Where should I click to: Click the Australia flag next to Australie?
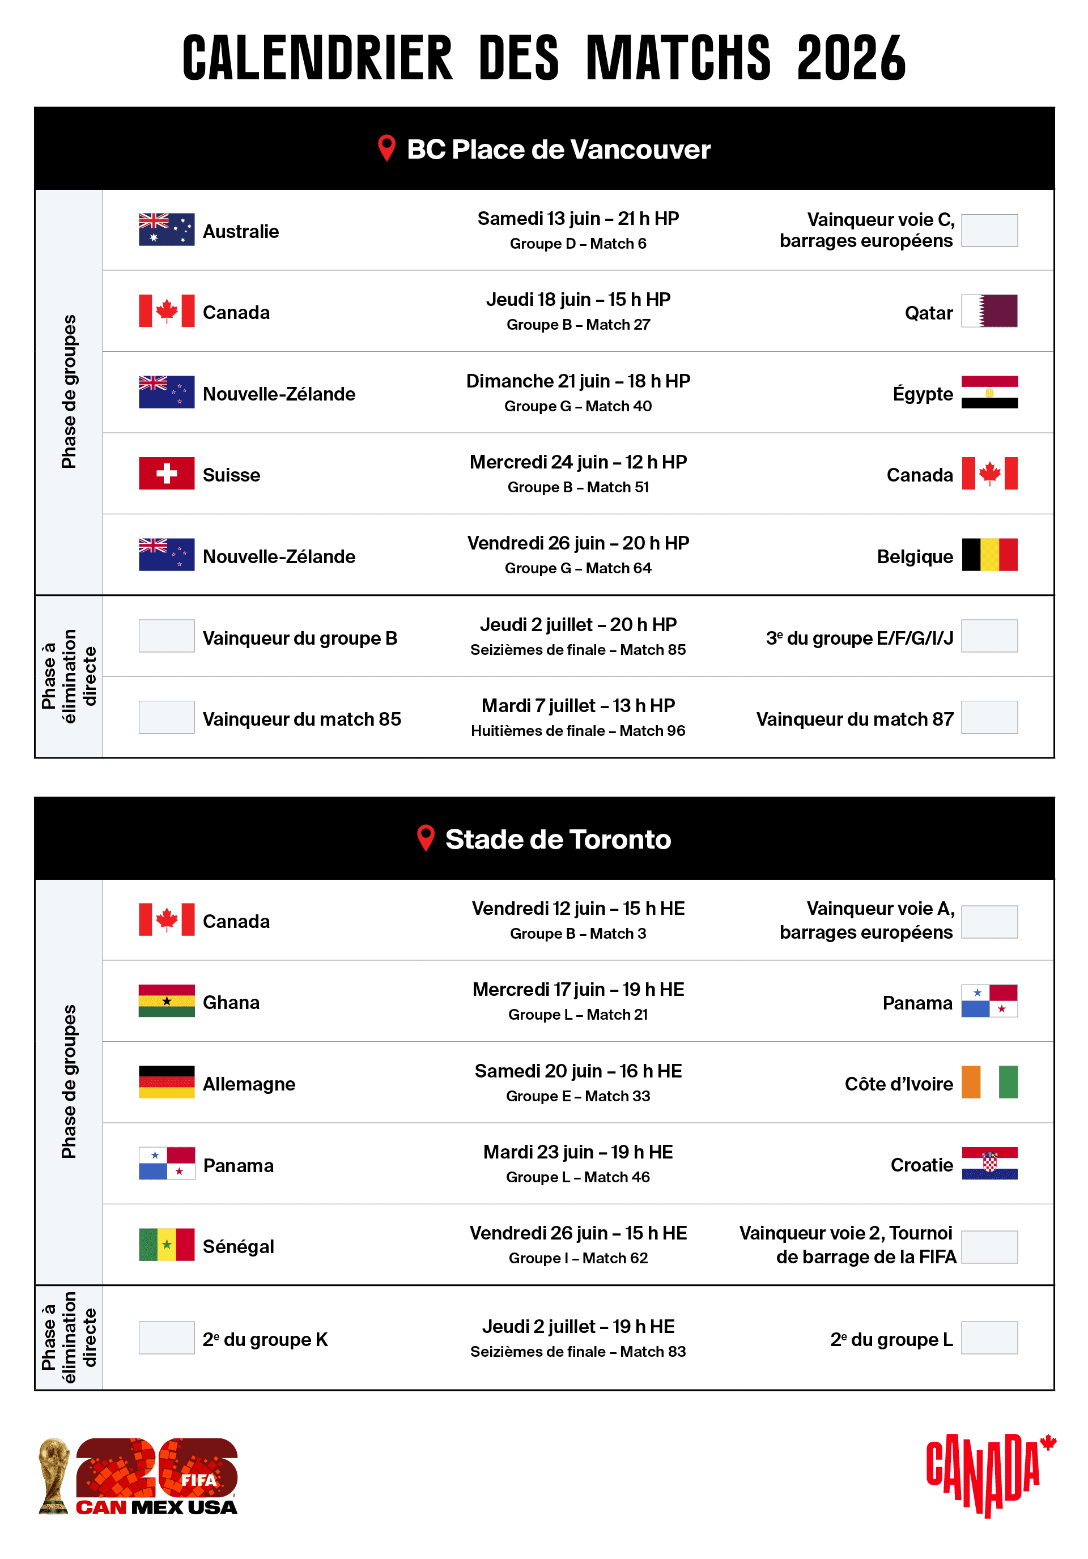click(x=167, y=229)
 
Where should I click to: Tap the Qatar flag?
click(x=989, y=311)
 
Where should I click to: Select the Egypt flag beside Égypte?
click(x=989, y=392)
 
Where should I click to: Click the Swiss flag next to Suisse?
click(x=167, y=473)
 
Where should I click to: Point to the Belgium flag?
click(x=989, y=555)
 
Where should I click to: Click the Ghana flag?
click(x=167, y=1001)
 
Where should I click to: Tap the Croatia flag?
click(x=989, y=1163)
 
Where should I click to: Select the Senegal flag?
click(x=167, y=1245)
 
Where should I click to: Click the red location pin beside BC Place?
click(x=386, y=148)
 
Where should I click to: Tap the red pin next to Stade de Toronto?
click(x=425, y=838)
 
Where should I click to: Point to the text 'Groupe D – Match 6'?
click(x=577, y=244)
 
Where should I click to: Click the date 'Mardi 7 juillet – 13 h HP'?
click(x=577, y=705)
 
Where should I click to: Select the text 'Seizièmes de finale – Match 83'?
click(x=577, y=1351)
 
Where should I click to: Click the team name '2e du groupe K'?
click(x=265, y=1339)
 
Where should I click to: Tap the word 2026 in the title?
click(x=851, y=58)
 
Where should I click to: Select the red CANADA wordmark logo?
click(x=989, y=1473)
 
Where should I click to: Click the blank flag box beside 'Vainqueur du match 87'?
click(x=989, y=717)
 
